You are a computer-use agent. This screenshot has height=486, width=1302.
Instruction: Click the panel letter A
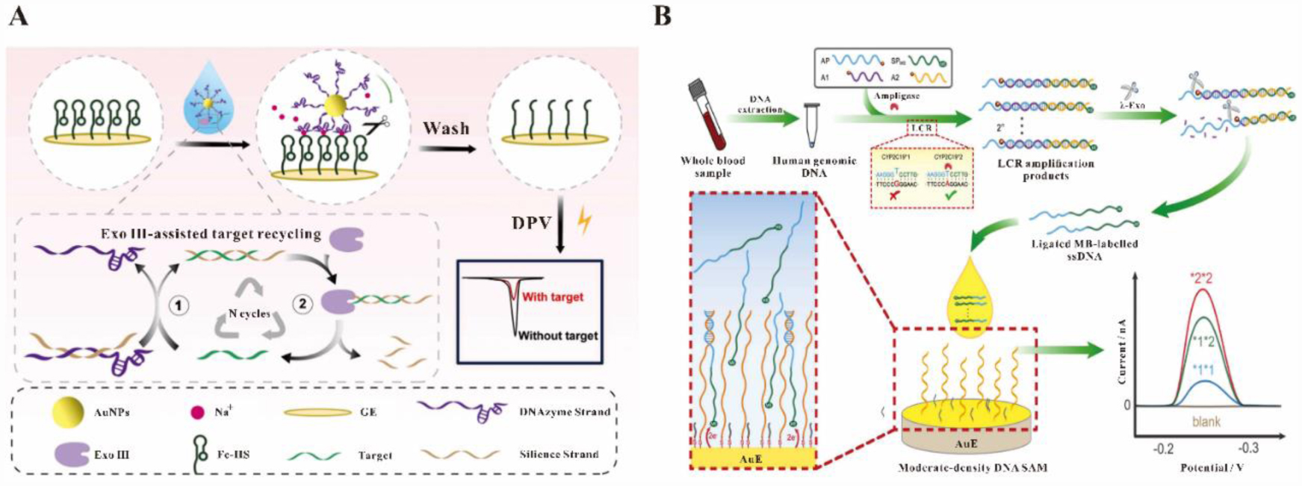(x=18, y=16)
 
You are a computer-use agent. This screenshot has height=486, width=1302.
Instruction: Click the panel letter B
(x=663, y=16)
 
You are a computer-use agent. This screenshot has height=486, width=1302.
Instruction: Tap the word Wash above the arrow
(x=446, y=128)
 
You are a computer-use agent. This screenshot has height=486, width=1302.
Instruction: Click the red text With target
(x=553, y=297)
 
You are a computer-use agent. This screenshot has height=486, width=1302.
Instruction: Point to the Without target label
(x=558, y=336)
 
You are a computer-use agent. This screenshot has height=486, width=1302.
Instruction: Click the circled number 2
(x=302, y=304)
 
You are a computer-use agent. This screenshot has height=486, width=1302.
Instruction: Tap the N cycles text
(x=249, y=314)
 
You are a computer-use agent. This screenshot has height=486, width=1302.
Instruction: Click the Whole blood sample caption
(x=713, y=166)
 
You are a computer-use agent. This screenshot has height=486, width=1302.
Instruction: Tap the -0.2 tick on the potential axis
(x=1163, y=449)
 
